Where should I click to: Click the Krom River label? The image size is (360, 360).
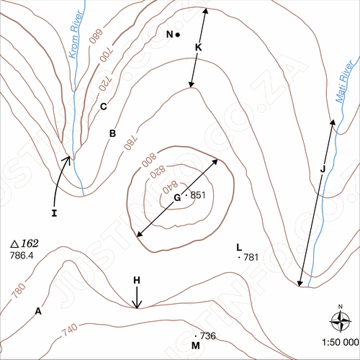coord(76,35)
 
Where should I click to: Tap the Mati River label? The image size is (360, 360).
coord(344,81)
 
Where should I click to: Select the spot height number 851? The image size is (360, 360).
coord(198,195)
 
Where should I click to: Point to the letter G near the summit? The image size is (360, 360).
coord(177,198)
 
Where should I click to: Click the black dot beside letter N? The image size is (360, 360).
coord(178,35)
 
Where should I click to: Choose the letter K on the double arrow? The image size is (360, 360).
coord(198,48)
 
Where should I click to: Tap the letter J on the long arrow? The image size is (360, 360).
coord(323,169)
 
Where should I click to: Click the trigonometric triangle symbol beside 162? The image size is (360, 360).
coord(14,244)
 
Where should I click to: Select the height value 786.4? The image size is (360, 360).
coord(22,256)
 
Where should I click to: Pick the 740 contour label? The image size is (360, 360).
coord(70,330)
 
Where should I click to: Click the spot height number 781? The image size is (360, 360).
coord(251,258)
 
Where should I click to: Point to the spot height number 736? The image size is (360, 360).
coord(208,336)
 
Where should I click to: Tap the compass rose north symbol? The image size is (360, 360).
coord(341,320)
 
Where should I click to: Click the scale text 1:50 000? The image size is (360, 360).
coord(341,343)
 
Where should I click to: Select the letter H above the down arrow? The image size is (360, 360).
coord(137,280)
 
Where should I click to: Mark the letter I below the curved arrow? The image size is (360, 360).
coord(54,213)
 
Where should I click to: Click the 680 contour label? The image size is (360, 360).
coord(96,37)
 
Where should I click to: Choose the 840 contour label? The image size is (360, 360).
coord(170,186)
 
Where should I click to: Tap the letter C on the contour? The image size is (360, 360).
coord(104,107)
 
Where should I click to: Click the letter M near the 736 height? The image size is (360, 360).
coord(196,346)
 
